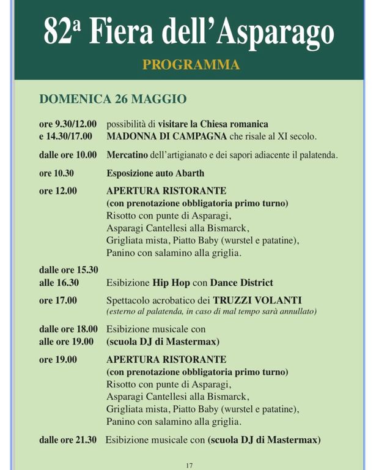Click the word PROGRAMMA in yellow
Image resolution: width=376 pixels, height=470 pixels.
[x=190, y=64]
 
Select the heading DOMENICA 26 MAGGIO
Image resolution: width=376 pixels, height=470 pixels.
[x=112, y=99]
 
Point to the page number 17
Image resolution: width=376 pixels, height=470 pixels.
[x=190, y=465]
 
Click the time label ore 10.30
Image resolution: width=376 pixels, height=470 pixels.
[x=56, y=173]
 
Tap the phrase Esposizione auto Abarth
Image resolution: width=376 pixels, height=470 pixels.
[x=155, y=173]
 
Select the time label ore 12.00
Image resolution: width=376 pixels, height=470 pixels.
[x=58, y=191]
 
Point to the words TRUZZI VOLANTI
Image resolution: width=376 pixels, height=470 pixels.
[x=257, y=300]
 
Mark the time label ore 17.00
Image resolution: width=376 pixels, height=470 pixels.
[x=58, y=300]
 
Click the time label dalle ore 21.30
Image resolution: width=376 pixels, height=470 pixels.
[x=68, y=440]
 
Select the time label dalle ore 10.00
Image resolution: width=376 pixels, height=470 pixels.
[x=68, y=155]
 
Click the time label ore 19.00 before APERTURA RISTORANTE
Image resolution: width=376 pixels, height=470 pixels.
[x=58, y=360]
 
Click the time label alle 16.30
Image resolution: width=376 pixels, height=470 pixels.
[x=59, y=283]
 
